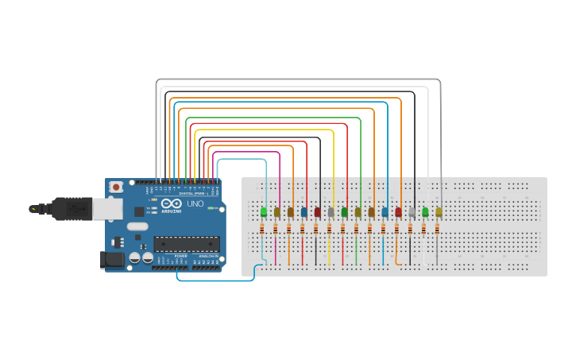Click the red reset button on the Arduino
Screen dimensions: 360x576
[116, 187]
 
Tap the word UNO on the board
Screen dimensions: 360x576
[195, 205]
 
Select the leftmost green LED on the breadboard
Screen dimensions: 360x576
[264, 212]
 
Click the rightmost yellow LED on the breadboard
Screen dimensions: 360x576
[439, 212]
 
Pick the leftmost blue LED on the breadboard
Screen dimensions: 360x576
[304, 212]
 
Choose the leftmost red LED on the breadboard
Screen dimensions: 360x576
[318, 212]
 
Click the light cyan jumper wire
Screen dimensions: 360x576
[238, 159]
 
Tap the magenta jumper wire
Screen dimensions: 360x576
[246, 151]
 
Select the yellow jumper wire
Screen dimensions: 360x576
[262, 130]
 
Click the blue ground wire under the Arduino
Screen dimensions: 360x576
[215, 280]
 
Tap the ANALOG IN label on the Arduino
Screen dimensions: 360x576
[208, 256]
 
